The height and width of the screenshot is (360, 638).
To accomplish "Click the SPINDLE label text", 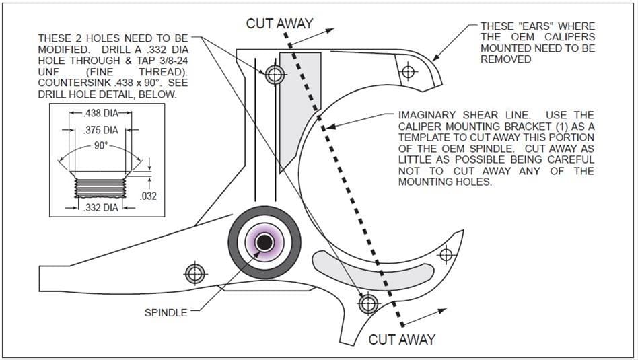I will click(x=167, y=312).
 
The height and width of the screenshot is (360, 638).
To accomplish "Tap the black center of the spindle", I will click(x=264, y=242).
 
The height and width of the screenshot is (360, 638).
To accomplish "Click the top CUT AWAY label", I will click(x=279, y=24).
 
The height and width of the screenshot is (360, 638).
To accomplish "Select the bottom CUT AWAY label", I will click(x=402, y=339).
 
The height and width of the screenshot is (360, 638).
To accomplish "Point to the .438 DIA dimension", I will click(x=100, y=114).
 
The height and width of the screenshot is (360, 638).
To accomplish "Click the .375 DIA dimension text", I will click(x=100, y=130).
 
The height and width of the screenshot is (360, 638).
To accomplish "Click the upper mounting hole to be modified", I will click(x=274, y=74).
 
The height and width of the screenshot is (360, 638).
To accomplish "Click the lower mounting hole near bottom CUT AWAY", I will click(x=367, y=304).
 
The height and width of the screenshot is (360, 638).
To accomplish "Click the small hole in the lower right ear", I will click(x=444, y=254).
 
